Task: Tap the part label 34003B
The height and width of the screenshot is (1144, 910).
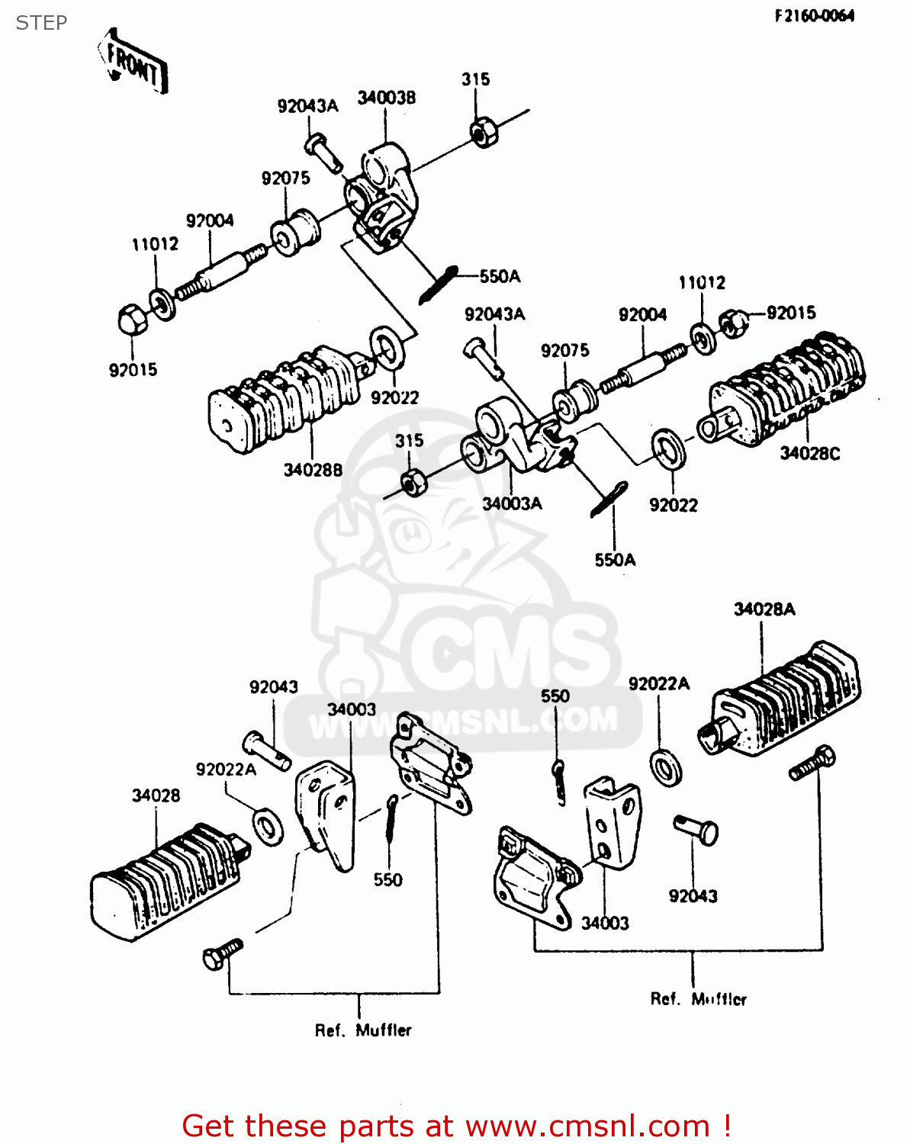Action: (x=387, y=98)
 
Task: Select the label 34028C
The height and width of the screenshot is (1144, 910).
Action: (x=809, y=454)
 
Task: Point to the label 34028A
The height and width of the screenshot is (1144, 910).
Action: (x=764, y=609)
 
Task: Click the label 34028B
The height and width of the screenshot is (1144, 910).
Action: (x=313, y=471)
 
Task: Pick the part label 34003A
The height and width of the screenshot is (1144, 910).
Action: (x=512, y=504)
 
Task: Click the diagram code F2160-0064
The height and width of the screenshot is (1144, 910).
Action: (x=814, y=16)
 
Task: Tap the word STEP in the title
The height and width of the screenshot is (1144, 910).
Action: (x=41, y=23)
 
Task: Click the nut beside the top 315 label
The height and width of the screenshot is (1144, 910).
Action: (x=483, y=133)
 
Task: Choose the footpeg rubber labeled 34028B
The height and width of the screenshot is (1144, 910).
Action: (x=286, y=400)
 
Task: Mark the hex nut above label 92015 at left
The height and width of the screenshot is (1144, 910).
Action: (x=132, y=319)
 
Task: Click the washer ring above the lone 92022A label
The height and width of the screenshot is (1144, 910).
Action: (x=666, y=766)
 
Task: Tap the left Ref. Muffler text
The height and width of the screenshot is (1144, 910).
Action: (x=363, y=1031)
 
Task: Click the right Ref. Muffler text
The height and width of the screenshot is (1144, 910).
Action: (x=698, y=999)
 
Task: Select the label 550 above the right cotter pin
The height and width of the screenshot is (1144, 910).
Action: (x=555, y=696)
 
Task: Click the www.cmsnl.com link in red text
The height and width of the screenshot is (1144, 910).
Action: (x=587, y=1126)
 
